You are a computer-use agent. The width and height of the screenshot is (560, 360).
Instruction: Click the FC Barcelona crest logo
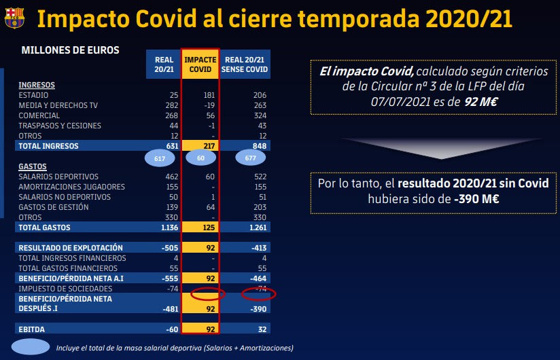[15, 18]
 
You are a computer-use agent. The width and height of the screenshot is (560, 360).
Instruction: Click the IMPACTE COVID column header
[200, 65]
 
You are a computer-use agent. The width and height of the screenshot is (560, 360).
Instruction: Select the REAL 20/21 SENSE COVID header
[245, 65]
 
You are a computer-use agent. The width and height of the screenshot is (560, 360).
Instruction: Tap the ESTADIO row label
[33, 95]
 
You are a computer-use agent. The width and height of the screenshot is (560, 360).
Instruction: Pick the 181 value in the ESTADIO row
[209, 95]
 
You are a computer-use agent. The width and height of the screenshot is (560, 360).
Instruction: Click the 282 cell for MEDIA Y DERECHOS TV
[172, 105]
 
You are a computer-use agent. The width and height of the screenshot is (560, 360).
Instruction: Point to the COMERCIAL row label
[39, 115]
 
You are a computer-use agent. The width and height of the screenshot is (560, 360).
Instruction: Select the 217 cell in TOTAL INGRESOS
[209, 146]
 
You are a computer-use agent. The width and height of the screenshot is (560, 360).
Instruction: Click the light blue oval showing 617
[160, 158]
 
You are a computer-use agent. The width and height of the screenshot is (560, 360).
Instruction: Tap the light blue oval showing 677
[250, 158]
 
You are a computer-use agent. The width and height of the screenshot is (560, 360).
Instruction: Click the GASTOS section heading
[33, 166]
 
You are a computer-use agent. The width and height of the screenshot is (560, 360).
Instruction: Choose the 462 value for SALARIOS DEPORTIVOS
[172, 177]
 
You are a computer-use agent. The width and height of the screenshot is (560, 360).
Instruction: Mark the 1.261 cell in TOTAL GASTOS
[258, 228]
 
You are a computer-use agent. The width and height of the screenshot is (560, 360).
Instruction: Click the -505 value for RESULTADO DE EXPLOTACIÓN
[170, 248]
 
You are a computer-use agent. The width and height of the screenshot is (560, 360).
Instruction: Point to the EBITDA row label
[31, 329]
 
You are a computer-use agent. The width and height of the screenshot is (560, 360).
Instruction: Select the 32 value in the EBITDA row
[262, 329]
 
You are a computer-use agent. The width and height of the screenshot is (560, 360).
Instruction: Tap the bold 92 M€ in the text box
[480, 102]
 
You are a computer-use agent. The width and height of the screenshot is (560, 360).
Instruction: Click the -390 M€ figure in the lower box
[476, 199]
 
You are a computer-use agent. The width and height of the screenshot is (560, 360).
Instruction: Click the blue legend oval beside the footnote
[31, 346]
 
